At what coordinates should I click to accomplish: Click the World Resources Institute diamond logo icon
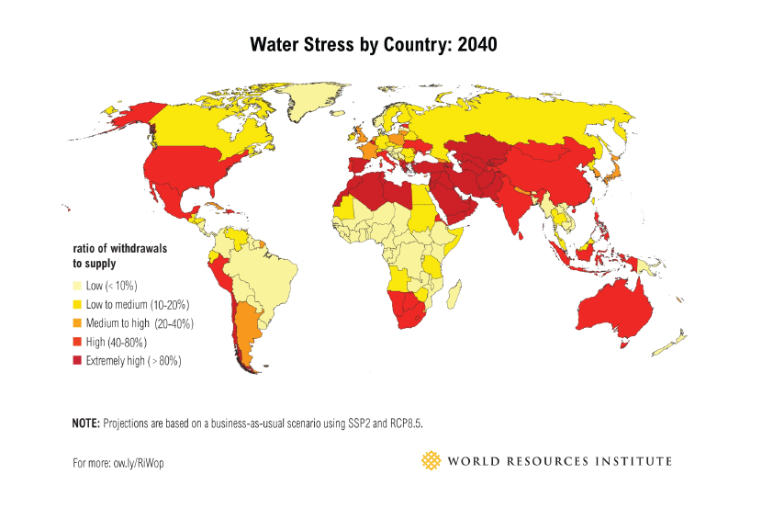430,460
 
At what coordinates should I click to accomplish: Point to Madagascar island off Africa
453,294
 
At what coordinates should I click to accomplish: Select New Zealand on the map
675,343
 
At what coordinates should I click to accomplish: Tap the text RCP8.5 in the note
407,423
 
